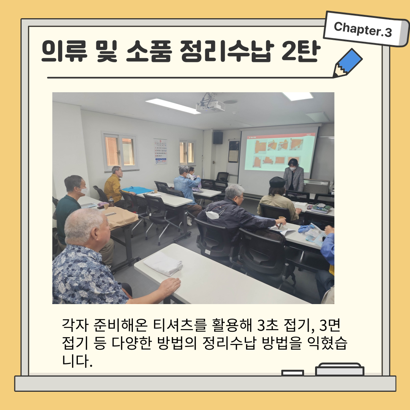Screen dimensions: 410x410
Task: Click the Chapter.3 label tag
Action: (366, 29)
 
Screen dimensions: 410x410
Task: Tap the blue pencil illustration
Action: (348, 63)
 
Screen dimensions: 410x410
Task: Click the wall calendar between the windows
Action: (160, 151)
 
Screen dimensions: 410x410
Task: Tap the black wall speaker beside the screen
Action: (218, 138)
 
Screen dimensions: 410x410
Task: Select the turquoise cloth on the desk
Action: (137, 189)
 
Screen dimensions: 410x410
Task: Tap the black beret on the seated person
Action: (277, 181)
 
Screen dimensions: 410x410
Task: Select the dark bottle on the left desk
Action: (111, 202)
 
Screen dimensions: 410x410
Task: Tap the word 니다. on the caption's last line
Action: (77, 361)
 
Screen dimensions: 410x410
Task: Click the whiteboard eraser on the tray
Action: (339, 369)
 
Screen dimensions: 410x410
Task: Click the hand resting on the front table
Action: (170, 286)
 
